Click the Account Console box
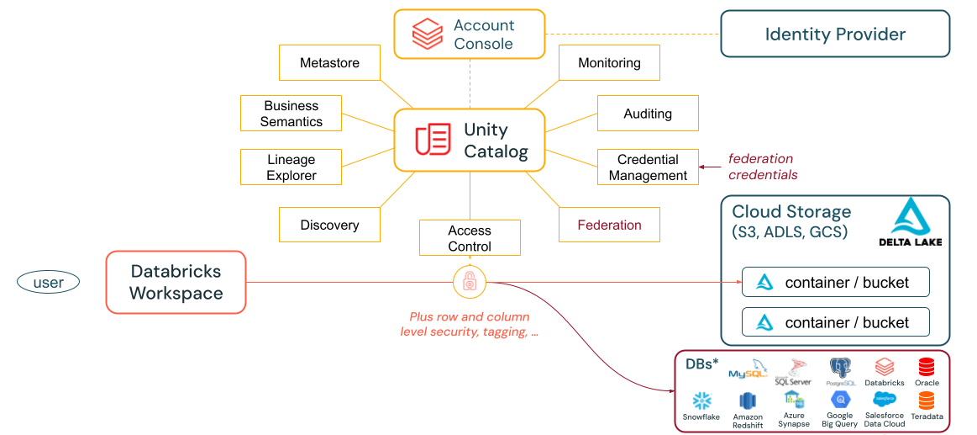point(470,34)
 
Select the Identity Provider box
point(835,34)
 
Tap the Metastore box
point(329,63)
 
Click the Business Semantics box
point(291,114)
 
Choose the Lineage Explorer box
point(291,167)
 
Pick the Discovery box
point(329,225)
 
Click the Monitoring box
point(609,63)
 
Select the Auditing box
point(648,114)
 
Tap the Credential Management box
point(648,167)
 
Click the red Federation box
point(609,225)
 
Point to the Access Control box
point(470,238)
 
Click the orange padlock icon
point(470,283)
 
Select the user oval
point(48,283)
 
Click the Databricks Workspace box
point(176,283)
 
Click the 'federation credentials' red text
point(762,167)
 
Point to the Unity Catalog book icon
point(433,140)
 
